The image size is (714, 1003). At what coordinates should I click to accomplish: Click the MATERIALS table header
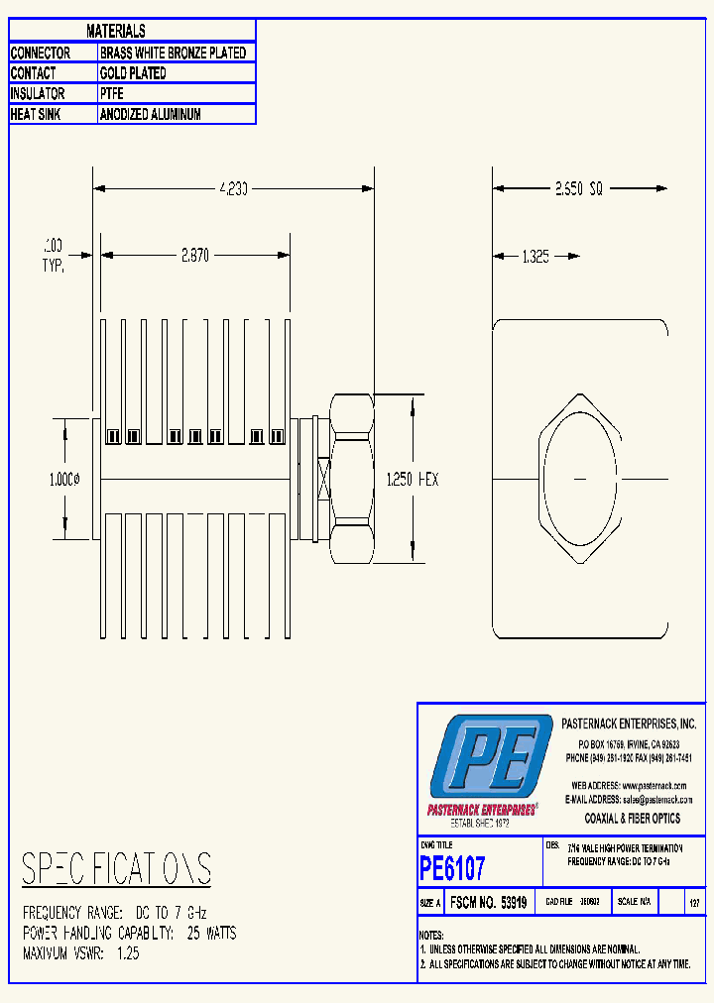pos(116,32)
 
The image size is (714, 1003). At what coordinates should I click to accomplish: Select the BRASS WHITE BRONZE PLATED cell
pos(174,53)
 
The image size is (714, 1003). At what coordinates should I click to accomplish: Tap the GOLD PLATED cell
pos(133,73)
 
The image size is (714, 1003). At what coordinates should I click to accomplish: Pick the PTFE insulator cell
pos(113,94)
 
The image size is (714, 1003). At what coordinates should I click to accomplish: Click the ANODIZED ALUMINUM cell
pos(151,115)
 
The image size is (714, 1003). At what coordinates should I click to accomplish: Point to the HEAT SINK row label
pos(38,115)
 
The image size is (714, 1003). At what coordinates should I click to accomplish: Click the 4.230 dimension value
pos(233,187)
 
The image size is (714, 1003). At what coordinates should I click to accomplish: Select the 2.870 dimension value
pos(194,256)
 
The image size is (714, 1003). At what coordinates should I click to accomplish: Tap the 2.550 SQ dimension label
pos(579,187)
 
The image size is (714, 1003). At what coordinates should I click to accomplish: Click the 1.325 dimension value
pos(535,257)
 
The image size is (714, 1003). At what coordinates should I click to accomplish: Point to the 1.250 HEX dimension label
pos(412,480)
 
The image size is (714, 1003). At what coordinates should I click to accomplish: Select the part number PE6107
pos(453,869)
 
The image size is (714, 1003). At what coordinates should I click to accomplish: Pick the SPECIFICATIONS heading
pos(116,869)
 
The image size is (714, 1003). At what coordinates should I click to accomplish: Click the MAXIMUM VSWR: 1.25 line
pos(81,953)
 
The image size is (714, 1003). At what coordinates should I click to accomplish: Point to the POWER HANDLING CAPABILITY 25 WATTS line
pos(129,934)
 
